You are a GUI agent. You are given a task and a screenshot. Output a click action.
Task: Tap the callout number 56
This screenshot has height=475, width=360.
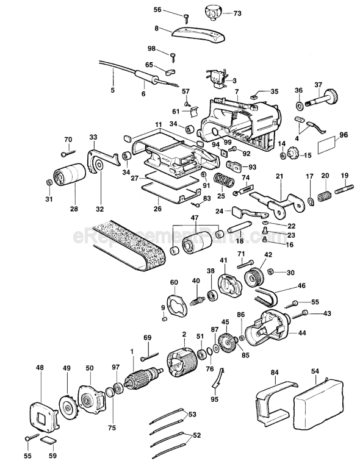[157, 10]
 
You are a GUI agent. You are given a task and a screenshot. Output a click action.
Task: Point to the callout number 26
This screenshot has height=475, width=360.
[157, 208]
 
